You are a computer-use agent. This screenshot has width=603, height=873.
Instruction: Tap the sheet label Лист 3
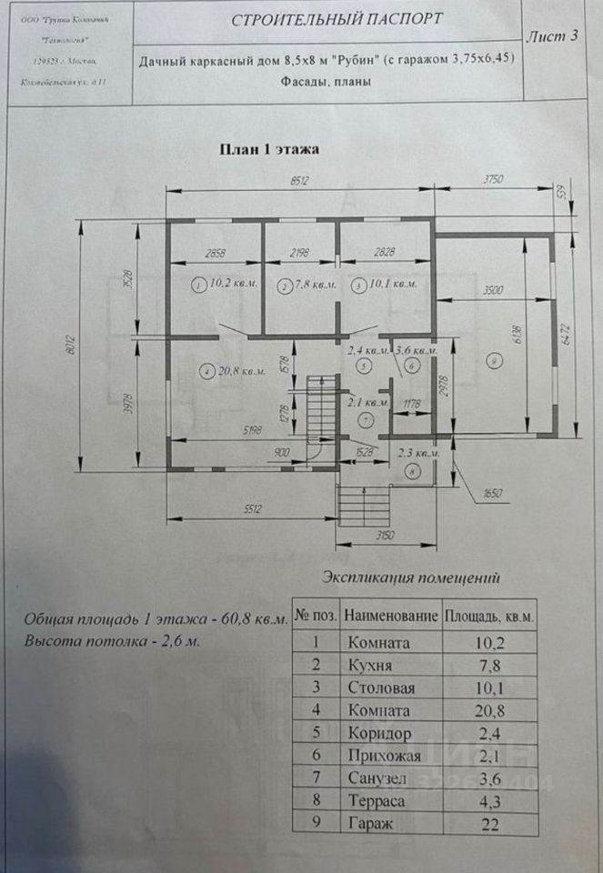tap(552, 36)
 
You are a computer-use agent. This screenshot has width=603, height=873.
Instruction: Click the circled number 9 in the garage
tap(493, 362)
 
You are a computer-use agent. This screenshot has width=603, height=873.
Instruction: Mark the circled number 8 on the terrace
tap(413, 472)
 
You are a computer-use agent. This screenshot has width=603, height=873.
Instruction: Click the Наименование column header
tap(391, 616)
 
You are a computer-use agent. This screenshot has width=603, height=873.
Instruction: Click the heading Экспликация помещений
tap(411, 577)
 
